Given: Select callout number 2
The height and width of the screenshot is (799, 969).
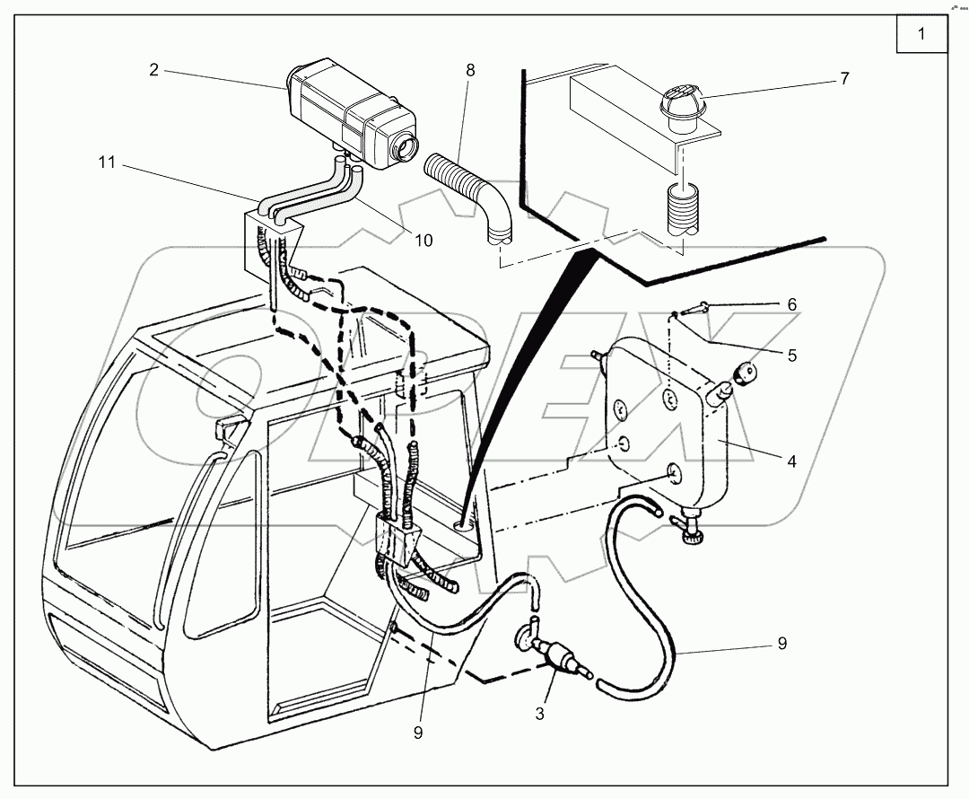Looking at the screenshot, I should click(153, 69).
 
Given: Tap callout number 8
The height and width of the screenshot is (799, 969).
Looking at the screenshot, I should click(470, 69).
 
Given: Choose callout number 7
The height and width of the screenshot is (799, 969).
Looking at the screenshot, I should click(843, 79).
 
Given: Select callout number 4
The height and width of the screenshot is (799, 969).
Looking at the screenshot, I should click(791, 462).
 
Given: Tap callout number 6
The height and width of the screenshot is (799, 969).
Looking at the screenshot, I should click(791, 305).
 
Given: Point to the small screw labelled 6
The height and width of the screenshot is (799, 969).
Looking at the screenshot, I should click(694, 311).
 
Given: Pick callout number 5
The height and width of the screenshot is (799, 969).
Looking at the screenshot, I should click(791, 355).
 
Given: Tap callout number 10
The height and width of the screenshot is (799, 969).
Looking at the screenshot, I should click(423, 240).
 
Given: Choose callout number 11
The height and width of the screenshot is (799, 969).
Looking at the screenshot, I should click(107, 162).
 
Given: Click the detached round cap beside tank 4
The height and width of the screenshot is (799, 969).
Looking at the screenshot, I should click(744, 372).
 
